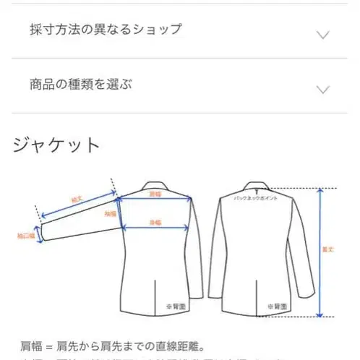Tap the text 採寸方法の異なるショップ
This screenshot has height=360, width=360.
(106, 30)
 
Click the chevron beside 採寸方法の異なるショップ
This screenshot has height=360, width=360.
(324, 35)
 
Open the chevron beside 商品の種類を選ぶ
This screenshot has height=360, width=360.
(324, 89)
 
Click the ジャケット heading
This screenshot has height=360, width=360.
(56, 144)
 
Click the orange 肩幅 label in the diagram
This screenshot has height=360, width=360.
(155, 194)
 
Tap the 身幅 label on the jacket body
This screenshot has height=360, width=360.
(155, 221)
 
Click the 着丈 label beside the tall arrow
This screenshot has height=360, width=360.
(329, 250)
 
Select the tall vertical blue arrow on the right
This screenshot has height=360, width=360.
(321, 252)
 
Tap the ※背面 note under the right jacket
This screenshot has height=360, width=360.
(274, 307)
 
